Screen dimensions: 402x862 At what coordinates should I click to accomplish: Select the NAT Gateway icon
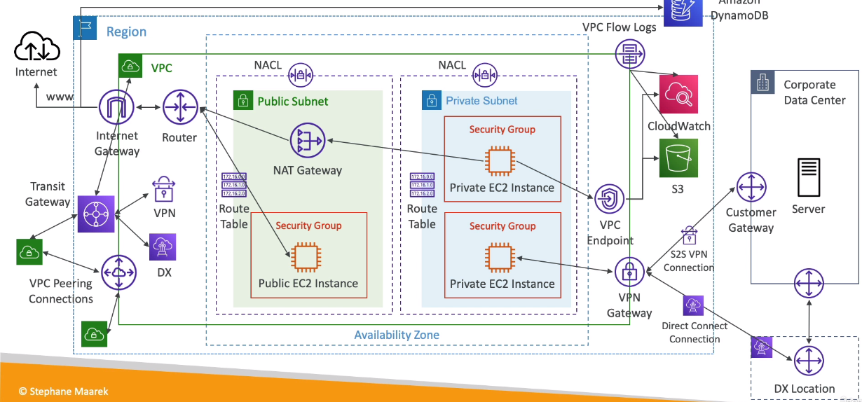tap(308, 142)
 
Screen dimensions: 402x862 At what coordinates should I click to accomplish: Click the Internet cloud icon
tap(36, 48)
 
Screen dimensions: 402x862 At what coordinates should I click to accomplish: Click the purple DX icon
tap(162, 247)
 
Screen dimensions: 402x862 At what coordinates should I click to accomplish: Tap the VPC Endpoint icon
tap(610, 200)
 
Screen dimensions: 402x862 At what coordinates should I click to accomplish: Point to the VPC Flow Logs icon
tap(629, 54)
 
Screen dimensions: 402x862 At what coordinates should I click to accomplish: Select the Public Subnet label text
tap(293, 101)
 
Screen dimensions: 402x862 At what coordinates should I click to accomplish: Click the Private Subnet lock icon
tap(431, 100)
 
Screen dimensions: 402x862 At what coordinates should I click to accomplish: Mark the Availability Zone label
tap(397, 335)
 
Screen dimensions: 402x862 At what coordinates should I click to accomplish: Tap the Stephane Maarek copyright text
tap(64, 391)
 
